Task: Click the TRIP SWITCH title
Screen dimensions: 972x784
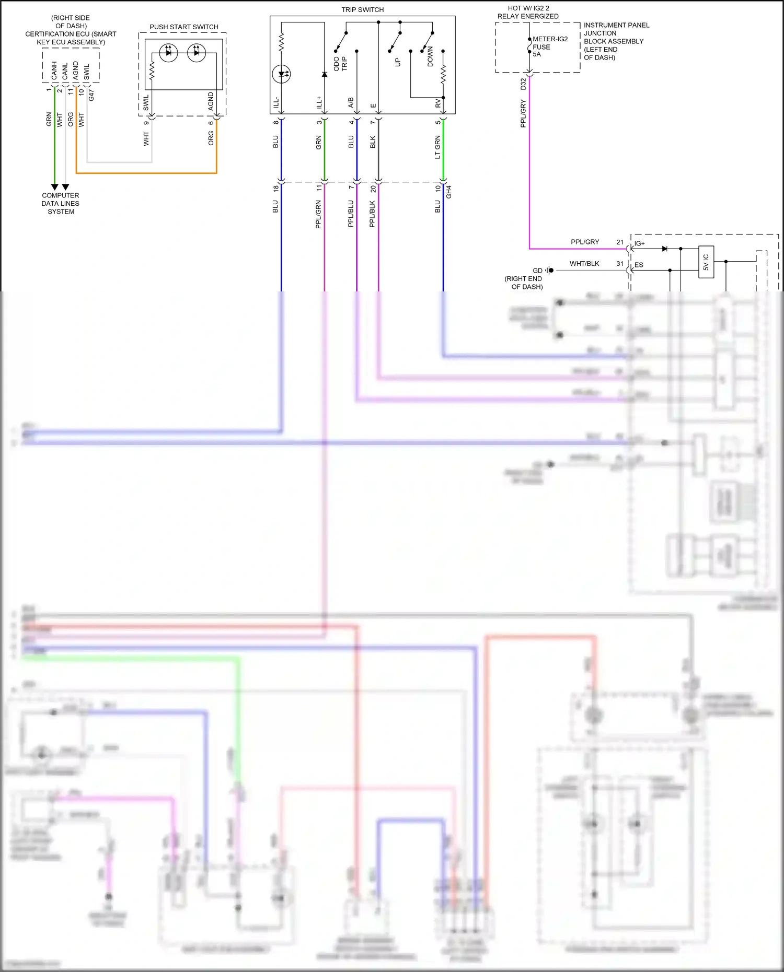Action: tap(362, 10)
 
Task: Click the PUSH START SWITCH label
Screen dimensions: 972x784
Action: tap(183, 27)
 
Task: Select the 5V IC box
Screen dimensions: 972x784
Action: tap(706, 262)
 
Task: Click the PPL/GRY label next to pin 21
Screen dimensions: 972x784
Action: tap(584, 242)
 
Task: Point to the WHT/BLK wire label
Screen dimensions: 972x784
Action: tap(584, 264)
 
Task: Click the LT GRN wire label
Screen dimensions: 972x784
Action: tap(437, 147)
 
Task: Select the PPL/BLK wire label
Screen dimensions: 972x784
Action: tap(372, 214)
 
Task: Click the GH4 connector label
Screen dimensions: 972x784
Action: tap(448, 192)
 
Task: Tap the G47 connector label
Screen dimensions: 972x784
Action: tap(91, 95)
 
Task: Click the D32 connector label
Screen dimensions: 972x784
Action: tap(523, 84)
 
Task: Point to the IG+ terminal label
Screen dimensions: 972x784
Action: tap(640, 244)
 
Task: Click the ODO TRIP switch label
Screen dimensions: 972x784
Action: tap(340, 64)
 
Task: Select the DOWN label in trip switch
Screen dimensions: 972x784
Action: tap(430, 56)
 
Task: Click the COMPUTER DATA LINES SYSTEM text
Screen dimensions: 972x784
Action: tap(61, 204)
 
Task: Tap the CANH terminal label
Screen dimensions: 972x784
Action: tap(54, 71)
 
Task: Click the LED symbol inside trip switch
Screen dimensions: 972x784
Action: tap(281, 74)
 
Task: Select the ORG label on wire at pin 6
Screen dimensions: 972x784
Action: tap(211, 138)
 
